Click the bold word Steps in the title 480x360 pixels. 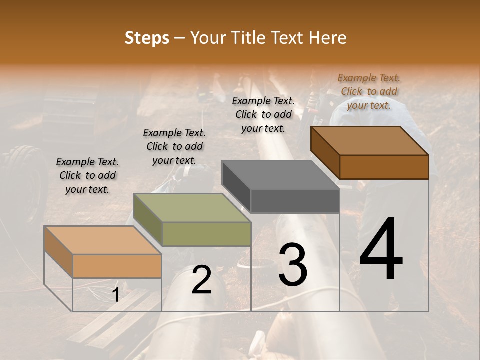click(x=147, y=38)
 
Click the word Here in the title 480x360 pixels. click(x=328, y=38)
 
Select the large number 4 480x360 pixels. click(x=381, y=250)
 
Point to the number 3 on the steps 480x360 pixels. click(x=293, y=265)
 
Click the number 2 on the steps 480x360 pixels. click(x=201, y=280)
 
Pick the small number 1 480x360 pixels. click(x=115, y=295)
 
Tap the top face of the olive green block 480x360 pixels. click(x=191, y=207)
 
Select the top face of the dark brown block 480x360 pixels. click(x=369, y=140)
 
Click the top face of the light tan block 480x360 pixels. click(x=102, y=240)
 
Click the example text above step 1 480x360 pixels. click(x=87, y=175)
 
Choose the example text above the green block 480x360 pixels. click(x=174, y=146)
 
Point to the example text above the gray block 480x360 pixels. click(x=263, y=114)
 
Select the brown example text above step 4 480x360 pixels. click(x=369, y=91)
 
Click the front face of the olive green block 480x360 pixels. click(x=206, y=234)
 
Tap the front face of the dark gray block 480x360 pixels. click(x=295, y=201)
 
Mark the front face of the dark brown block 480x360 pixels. click(x=384, y=167)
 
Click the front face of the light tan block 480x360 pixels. click(x=117, y=266)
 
